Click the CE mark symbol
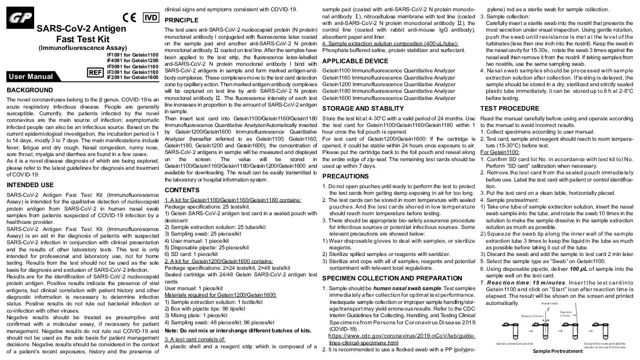coord(130,17)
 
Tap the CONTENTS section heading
coord(182,190)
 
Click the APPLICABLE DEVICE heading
coord(354,61)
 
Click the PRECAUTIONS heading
coord(345,176)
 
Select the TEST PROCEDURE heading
coord(509,108)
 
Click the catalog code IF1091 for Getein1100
coord(133,55)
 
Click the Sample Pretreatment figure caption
coord(557,351)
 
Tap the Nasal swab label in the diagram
coord(549,302)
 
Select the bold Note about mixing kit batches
coord(238,330)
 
